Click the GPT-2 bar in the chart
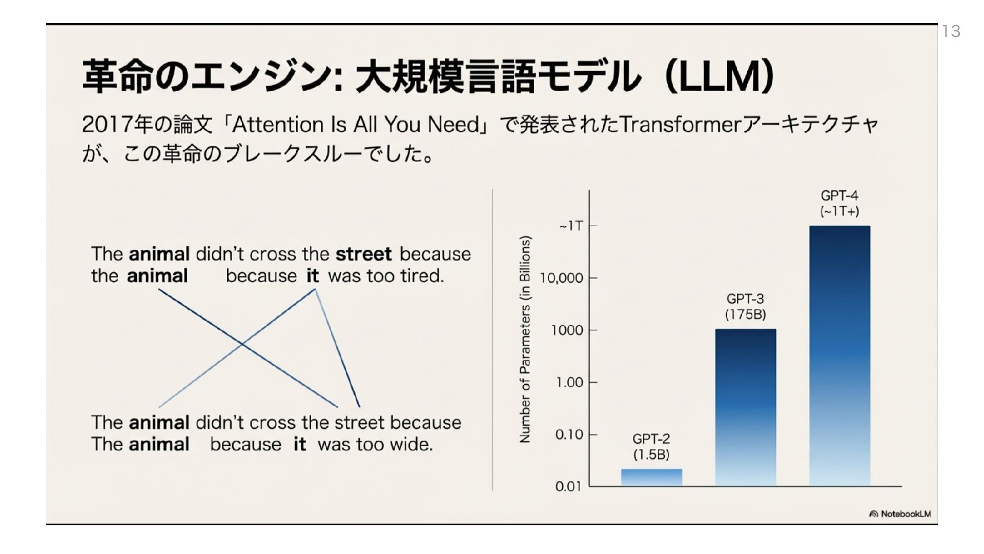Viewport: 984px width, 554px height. pyautogui.click(x=651, y=477)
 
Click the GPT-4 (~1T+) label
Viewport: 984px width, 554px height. pyautogui.click(x=839, y=203)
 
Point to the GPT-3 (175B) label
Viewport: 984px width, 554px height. pyautogui.click(x=745, y=306)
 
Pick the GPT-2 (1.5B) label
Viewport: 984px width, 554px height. pyautogui.click(x=651, y=446)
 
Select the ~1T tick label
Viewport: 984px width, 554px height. pyautogui.click(x=571, y=226)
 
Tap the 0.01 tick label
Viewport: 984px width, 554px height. pyautogui.click(x=568, y=486)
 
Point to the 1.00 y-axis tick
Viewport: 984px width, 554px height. pyautogui.click(x=569, y=382)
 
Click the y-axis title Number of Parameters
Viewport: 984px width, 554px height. pyautogui.click(x=525, y=339)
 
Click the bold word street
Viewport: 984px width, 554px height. pyautogui.click(x=363, y=254)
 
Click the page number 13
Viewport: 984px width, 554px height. pyautogui.click(x=951, y=32)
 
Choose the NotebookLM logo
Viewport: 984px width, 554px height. pyautogui.click(x=900, y=514)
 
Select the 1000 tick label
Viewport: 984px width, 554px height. pyautogui.click(x=567, y=330)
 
